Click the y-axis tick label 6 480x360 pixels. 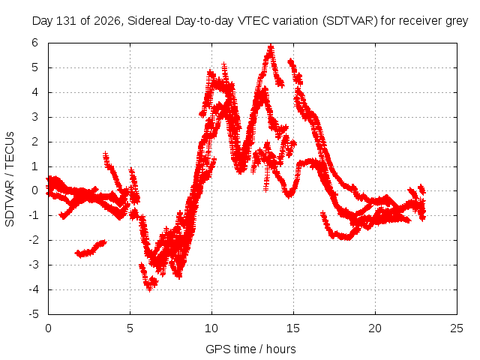pyautogui.click(x=35, y=43)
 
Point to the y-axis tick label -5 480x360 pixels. pyautogui.click(x=34, y=314)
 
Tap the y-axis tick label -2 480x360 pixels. pyautogui.click(x=34, y=240)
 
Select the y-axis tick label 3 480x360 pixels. pyautogui.click(x=35, y=117)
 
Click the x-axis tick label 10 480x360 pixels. pyautogui.click(x=211, y=328)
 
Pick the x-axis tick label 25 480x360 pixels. pyautogui.click(x=457, y=328)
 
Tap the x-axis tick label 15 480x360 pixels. pyautogui.click(x=293, y=328)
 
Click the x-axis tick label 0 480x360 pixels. pyautogui.click(x=48, y=328)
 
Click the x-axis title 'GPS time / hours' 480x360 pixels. pyautogui.click(x=250, y=349)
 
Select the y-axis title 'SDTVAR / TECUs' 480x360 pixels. pyautogui.click(x=10, y=179)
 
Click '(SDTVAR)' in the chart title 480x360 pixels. pyautogui.click(x=350, y=21)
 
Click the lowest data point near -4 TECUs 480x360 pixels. pyautogui.click(x=149, y=289)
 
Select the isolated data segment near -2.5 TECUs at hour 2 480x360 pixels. pyautogui.click(x=91, y=249)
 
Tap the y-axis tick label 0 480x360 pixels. pyautogui.click(x=35, y=190)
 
